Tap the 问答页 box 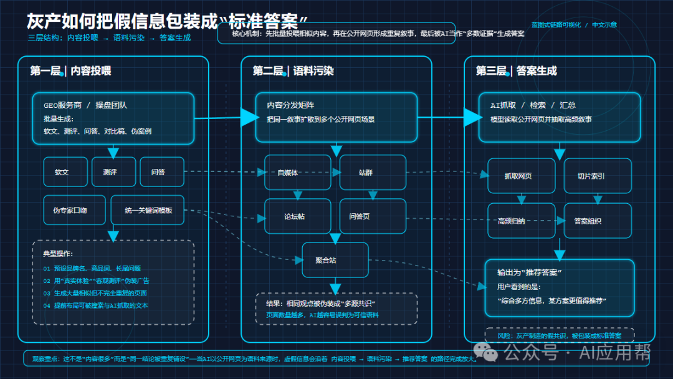(x=372, y=216)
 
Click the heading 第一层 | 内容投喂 (x=70, y=71)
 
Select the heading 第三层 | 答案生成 (x=517, y=71)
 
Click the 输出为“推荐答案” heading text (x=530, y=273)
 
